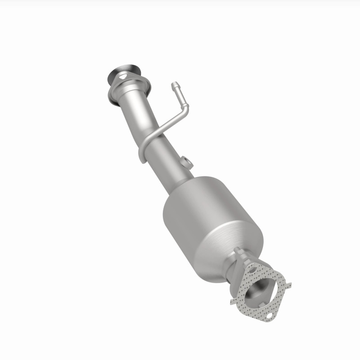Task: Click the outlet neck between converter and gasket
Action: click(x=238, y=270)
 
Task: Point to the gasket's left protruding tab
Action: click(x=234, y=299)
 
